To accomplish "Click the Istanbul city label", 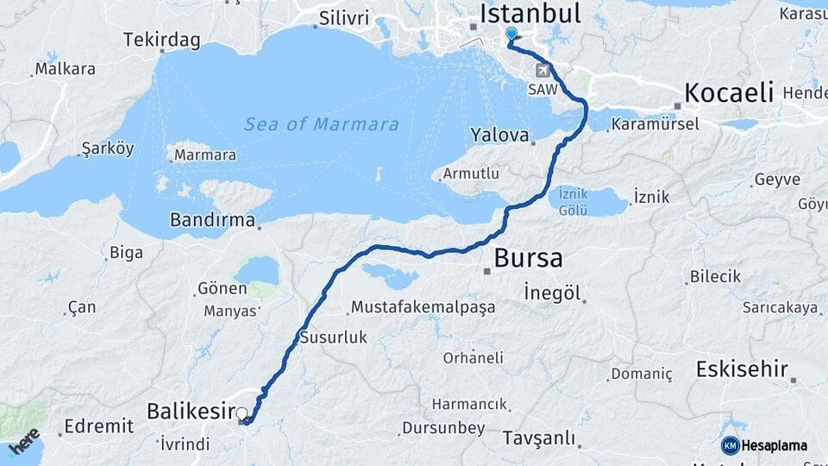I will pyautogui.click(x=530, y=14).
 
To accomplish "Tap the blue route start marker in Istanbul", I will pyautogui.click(x=511, y=35).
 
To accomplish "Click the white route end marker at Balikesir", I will pyautogui.click(x=241, y=413).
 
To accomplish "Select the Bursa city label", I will pyautogui.click(x=528, y=257).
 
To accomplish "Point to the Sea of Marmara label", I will pyautogui.click(x=322, y=124).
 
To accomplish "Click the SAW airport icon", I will pyautogui.click(x=543, y=71).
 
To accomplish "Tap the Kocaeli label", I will pyautogui.click(x=729, y=92).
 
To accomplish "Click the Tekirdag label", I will pyautogui.click(x=161, y=40).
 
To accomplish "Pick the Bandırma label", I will pyautogui.click(x=212, y=220).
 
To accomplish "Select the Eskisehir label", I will pyautogui.click(x=742, y=370).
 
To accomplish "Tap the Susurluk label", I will pyautogui.click(x=333, y=337).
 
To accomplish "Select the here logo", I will pyautogui.click(x=24, y=441).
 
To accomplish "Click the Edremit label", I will pyautogui.click(x=98, y=425).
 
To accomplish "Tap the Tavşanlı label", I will pyautogui.click(x=538, y=438).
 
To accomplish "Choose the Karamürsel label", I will pyautogui.click(x=654, y=125).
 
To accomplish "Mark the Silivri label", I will pyautogui.click(x=343, y=18).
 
